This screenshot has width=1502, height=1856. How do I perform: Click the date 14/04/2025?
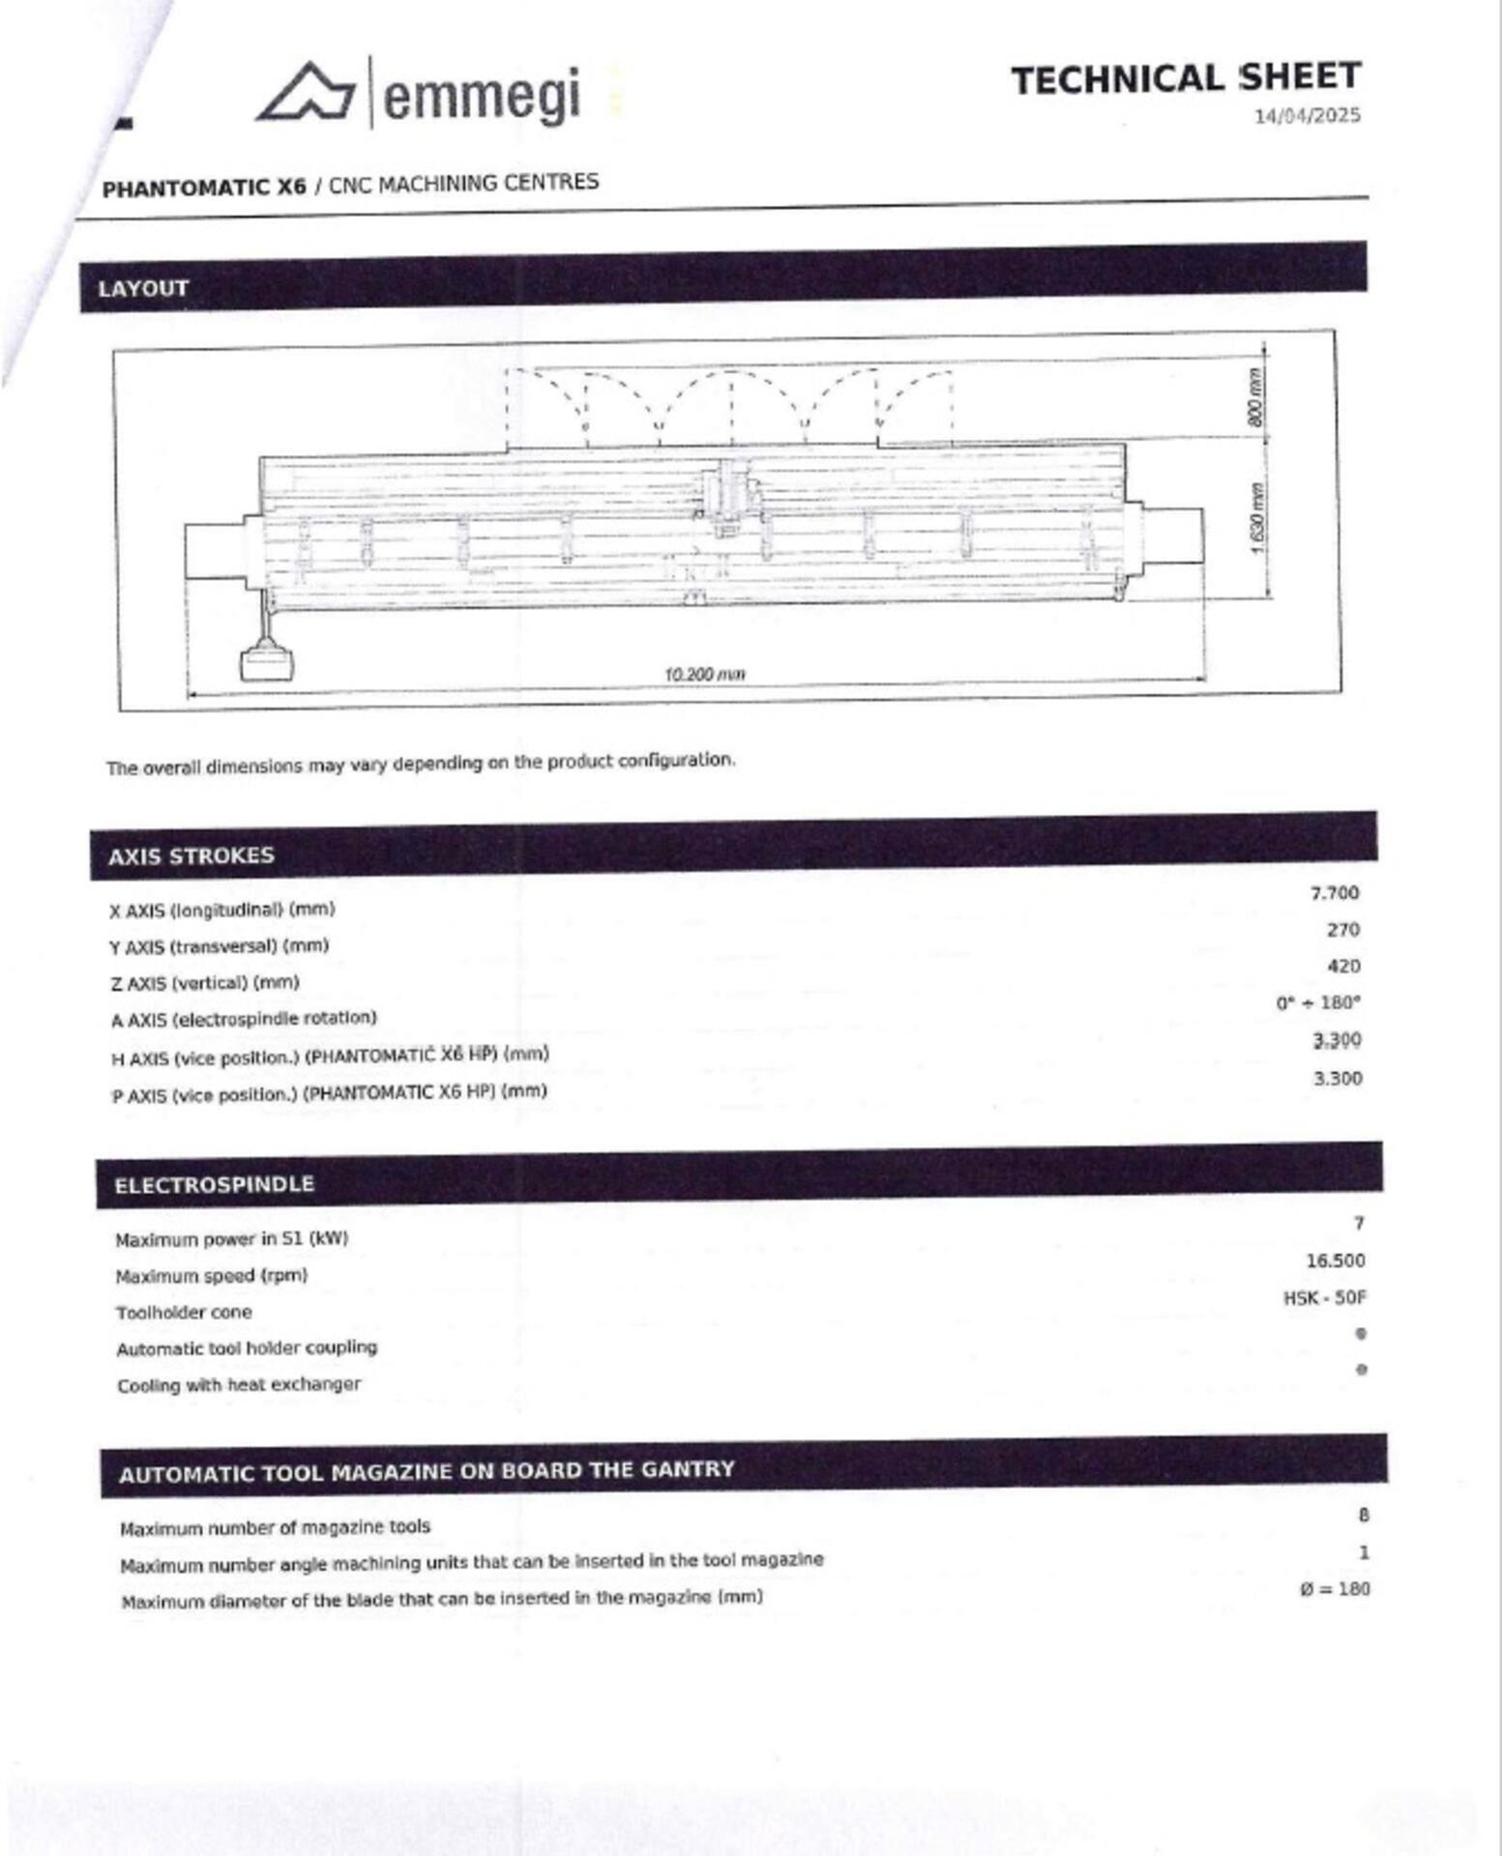coord(1307,116)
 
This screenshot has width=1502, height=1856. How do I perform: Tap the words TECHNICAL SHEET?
coord(1186,78)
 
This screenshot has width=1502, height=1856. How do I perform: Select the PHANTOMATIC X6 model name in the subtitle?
coord(204,188)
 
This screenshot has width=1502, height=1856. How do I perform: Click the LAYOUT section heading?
coord(143,289)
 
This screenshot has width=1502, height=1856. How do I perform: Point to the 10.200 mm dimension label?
coord(705,674)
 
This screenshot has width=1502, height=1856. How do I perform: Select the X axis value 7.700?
coord(1334,893)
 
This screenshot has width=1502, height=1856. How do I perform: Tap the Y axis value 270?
coord(1342,930)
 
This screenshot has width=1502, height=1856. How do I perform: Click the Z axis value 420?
coord(1342,967)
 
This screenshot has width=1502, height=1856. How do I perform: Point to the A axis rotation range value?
coord(1317,1003)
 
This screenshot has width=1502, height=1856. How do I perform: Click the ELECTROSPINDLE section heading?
coord(214,1185)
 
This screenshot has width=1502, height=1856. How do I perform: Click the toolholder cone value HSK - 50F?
coord(1324,1298)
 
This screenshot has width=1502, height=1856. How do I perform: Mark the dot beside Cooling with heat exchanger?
coord(1361,1370)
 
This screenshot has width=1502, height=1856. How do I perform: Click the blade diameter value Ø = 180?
coord(1335,1589)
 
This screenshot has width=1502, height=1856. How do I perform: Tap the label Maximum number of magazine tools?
coord(275,1528)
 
